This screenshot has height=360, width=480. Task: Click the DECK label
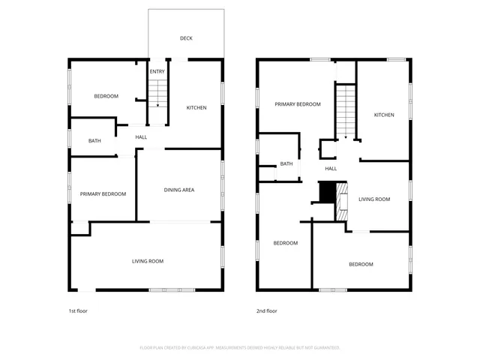point(186,38)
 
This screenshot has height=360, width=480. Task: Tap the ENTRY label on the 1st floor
point(157,72)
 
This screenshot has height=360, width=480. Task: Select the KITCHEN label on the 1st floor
point(196,108)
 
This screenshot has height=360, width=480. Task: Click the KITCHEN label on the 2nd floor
point(384,115)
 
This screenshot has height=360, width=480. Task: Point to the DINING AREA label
point(179,190)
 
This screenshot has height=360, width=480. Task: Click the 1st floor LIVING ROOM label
point(148,261)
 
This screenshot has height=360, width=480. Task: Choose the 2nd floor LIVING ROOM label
point(374,199)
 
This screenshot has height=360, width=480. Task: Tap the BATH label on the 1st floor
point(94,141)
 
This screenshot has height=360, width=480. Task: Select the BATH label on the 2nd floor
point(286,164)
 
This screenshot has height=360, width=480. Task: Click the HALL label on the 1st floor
point(141,137)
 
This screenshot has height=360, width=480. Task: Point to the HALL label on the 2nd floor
point(331,169)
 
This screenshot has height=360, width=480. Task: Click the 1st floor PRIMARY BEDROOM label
point(103,194)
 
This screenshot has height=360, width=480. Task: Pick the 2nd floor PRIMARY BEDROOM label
point(298,104)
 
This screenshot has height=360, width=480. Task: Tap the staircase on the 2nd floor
point(344,111)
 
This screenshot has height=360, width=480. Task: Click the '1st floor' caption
point(77,310)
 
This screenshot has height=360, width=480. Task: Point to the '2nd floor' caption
point(266,310)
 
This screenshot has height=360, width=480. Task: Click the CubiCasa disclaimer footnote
point(240,348)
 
